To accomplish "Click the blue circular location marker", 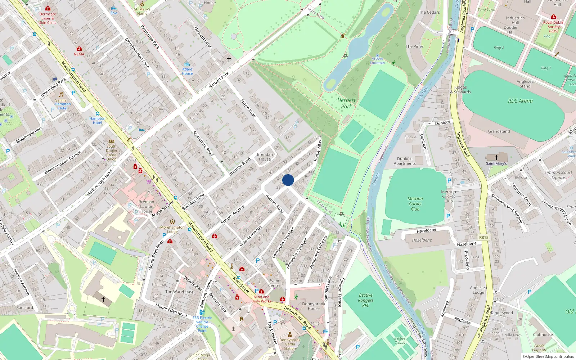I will tap(288, 180).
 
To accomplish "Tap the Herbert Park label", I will tap(346, 103).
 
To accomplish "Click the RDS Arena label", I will tap(520, 101).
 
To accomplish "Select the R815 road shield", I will tap(483, 237).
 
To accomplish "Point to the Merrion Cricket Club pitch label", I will tap(415, 204).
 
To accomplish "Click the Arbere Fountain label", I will tap(377, 60).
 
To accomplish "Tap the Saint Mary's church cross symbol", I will tap(496, 157).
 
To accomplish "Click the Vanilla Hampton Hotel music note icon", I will tap(61, 95).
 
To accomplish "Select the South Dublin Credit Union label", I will tap(111, 153).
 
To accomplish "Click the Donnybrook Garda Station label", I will tap(290, 344).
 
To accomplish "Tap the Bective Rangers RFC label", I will tap(366, 300).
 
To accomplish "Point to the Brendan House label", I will tap(265, 157).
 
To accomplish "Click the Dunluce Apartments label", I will tap(405, 161).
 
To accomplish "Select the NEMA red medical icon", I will tap(79, 49).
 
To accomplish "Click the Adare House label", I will tap(187, 71).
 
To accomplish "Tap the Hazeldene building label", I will tap(422, 240).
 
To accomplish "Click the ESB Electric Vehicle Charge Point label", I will tap(202, 324).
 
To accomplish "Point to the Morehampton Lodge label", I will tap(172, 229).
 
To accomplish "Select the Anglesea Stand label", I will tap(525, 84).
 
